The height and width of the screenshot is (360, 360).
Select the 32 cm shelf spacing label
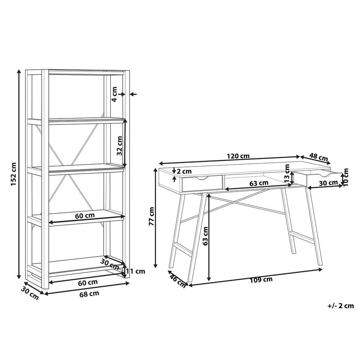pos(120,145)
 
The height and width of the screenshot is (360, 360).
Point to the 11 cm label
pos(135,271)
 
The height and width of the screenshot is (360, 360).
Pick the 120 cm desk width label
pos(239,156)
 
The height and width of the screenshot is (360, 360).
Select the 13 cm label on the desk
pos(287,173)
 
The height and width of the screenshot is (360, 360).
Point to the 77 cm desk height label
pos(151,216)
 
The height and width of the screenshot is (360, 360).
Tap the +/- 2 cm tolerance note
pos(340,306)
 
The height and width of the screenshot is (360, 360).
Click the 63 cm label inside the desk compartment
pos(259,183)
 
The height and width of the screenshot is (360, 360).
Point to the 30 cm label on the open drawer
pos(328,183)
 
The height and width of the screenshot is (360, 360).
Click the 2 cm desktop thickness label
pos(184,171)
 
